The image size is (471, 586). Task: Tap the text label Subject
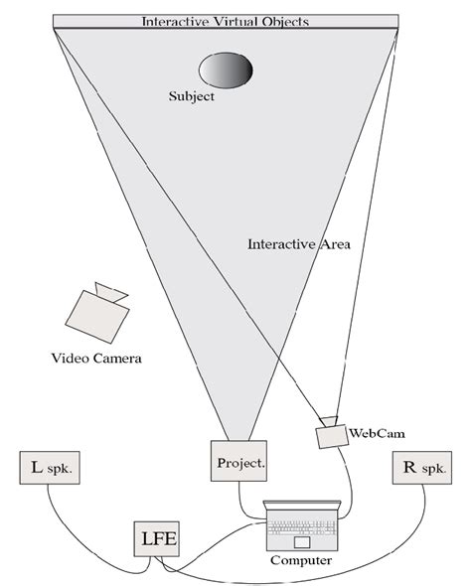pyautogui.click(x=191, y=98)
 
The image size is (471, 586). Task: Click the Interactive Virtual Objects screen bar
pyautogui.click(x=226, y=21)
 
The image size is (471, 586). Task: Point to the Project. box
pyautogui.click(x=239, y=462)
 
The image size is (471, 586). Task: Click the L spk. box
pyautogui.click(x=48, y=467)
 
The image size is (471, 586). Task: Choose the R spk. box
pyautogui.click(x=419, y=468)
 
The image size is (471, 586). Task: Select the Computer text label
pyautogui.click(x=301, y=561)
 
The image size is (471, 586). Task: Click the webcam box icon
pyautogui.click(x=330, y=436)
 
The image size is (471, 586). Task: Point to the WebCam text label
pyautogui.click(x=376, y=433)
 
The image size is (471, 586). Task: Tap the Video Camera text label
pyautogui.click(x=96, y=358)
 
